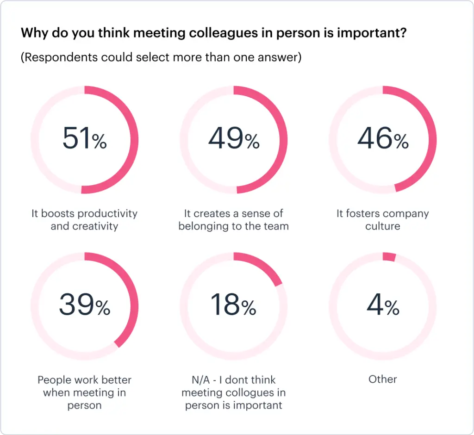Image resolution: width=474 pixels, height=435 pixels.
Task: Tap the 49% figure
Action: click(233, 139)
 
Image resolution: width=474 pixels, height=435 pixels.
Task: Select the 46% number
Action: click(382, 139)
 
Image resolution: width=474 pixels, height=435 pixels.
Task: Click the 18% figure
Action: click(233, 305)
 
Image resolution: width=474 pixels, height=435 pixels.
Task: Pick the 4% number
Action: click(382, 305)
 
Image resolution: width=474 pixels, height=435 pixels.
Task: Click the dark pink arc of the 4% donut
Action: click(389, 257)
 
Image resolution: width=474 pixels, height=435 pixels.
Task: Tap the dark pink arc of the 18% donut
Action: click(261, 266)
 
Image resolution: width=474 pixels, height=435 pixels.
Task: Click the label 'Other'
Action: click(382, 379)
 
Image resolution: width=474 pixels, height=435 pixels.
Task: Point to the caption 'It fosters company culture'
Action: click(382, 220)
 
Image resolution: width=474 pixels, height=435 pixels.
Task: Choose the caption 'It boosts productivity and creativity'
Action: click(85, 220)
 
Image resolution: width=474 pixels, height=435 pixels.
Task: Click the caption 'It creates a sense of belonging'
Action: click(233, 220)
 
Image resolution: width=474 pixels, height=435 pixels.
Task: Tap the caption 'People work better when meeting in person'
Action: click(85, 392)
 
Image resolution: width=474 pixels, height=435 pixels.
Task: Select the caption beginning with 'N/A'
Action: click(233, 392)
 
